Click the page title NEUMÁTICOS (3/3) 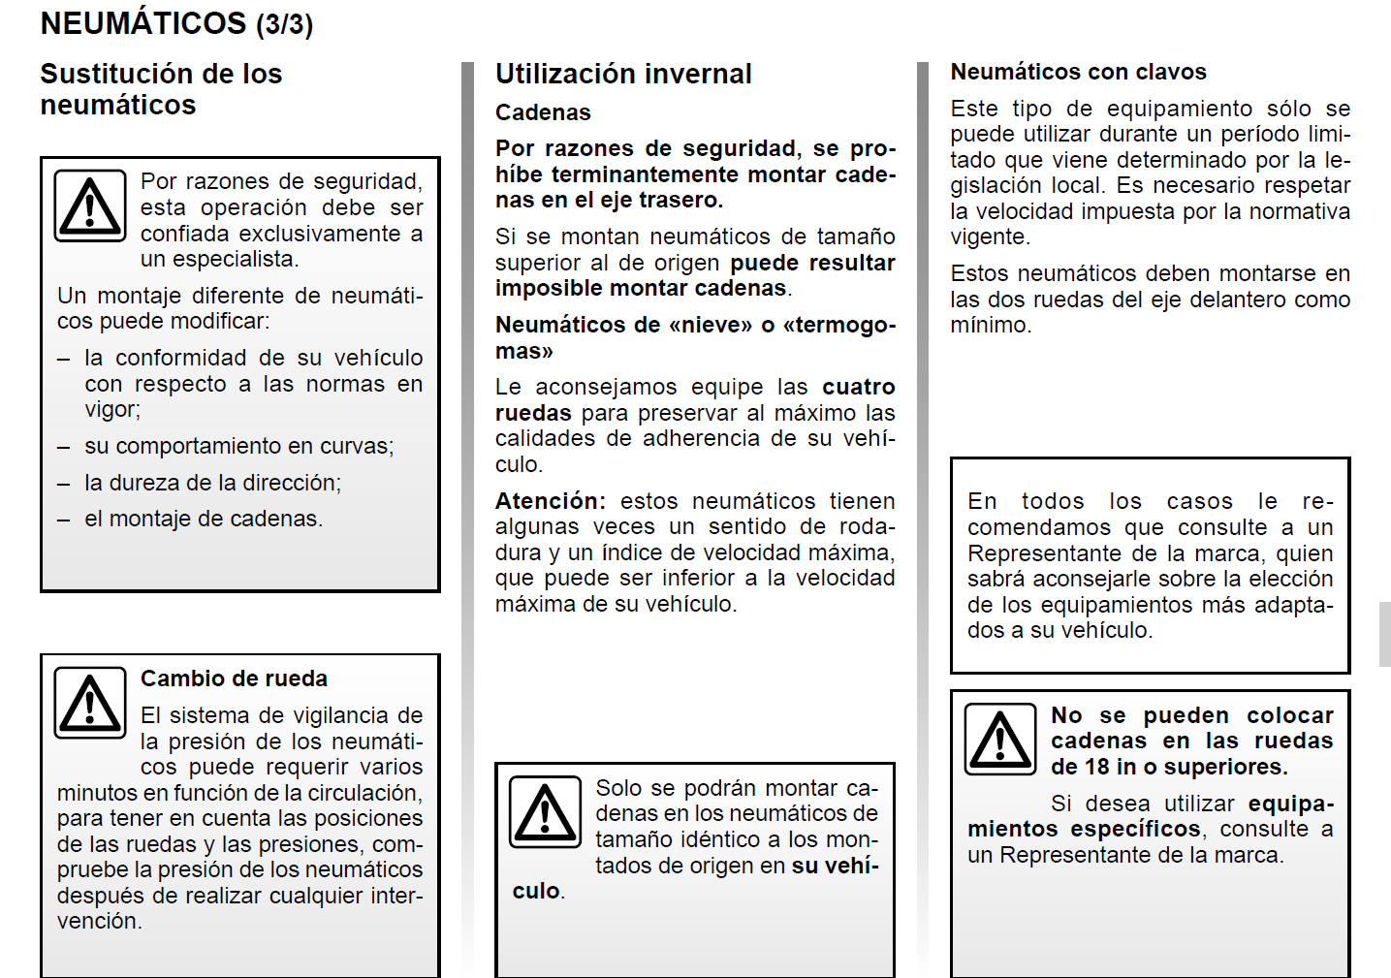click(x=176, y=23)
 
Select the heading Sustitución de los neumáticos click(x=161, y=88)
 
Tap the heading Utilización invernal click(x=623, y=74)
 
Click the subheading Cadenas click(x=543, y=112)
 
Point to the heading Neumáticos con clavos click(x=1078, y=72)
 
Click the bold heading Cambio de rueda click(x=234, y=678)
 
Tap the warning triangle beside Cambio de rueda click(x=90, y=703)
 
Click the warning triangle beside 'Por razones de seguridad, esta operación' click(x=90, y=205)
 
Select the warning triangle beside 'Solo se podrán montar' click(x=546, y=812)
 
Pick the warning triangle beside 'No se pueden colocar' click(x=1000, y=740)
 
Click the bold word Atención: click(x=550, y=501)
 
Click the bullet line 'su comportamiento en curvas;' click(x=238, y=446)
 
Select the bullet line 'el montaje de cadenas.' click(x=204, y=520)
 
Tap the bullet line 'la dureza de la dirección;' click(x=212, y=483)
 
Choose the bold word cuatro click(x=858, y=387)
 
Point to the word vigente click(x=988, y=237)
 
